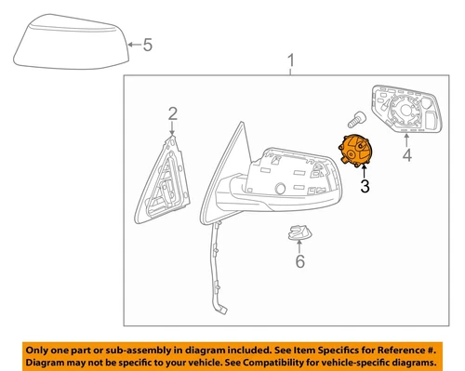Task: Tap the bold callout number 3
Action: click(x=365, y=186)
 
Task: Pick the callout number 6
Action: click(x=299, y=263)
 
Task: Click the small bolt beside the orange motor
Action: click(x=354, y=119)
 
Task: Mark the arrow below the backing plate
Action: click(x=405, y=141)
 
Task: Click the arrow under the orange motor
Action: click(x=364, y=172)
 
